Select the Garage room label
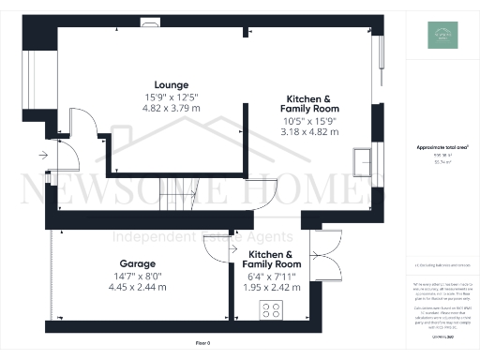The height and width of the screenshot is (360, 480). [x=137, y=263]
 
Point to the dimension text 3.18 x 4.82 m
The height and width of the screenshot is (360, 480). [x=308, y=132]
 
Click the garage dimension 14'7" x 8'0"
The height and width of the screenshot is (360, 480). [x=137, y=276]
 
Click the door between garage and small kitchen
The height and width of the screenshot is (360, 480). [x=214, y=246]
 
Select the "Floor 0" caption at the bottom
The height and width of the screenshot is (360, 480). [x=202, y=344]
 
